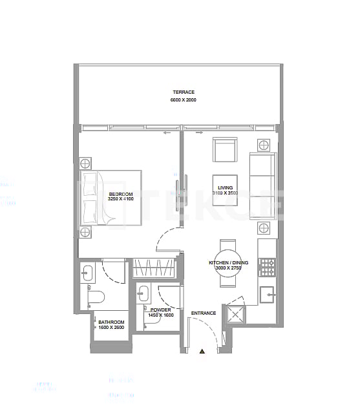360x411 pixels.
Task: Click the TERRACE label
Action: pos(184,92)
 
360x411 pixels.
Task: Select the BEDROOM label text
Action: pos(121,194)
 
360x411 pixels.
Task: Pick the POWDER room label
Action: pos(160,310)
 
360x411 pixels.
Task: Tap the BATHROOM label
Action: pos(111,321)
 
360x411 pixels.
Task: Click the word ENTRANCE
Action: pos(204,313)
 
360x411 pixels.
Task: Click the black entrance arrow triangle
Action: pos(202,351)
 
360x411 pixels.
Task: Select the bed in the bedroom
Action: pos(111,198)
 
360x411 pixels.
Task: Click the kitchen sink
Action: pos(267,295)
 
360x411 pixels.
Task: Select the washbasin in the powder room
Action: pos(143,295)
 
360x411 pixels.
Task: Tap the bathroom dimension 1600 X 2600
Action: pos(111,328)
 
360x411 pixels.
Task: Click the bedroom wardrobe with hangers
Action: pos(154,268)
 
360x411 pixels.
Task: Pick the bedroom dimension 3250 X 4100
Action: pos(121,200)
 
